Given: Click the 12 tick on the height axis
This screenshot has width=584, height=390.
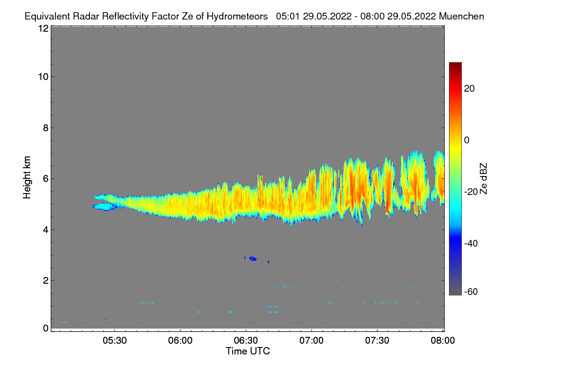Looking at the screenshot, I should [43, 28].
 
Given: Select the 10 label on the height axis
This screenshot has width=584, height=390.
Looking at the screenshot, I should [43, 77].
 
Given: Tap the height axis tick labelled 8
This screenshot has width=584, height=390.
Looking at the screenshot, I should [45, 128].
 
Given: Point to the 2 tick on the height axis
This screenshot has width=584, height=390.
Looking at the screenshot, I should [45, 280].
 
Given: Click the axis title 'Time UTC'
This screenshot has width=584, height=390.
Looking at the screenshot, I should [248, 351].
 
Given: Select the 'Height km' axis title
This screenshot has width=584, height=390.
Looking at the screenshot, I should [28, 177].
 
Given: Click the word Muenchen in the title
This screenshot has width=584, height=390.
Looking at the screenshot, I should [461, 17].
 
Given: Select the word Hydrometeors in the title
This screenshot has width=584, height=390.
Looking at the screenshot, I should [237, 17].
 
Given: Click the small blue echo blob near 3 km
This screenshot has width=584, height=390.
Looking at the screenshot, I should [253, 258].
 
